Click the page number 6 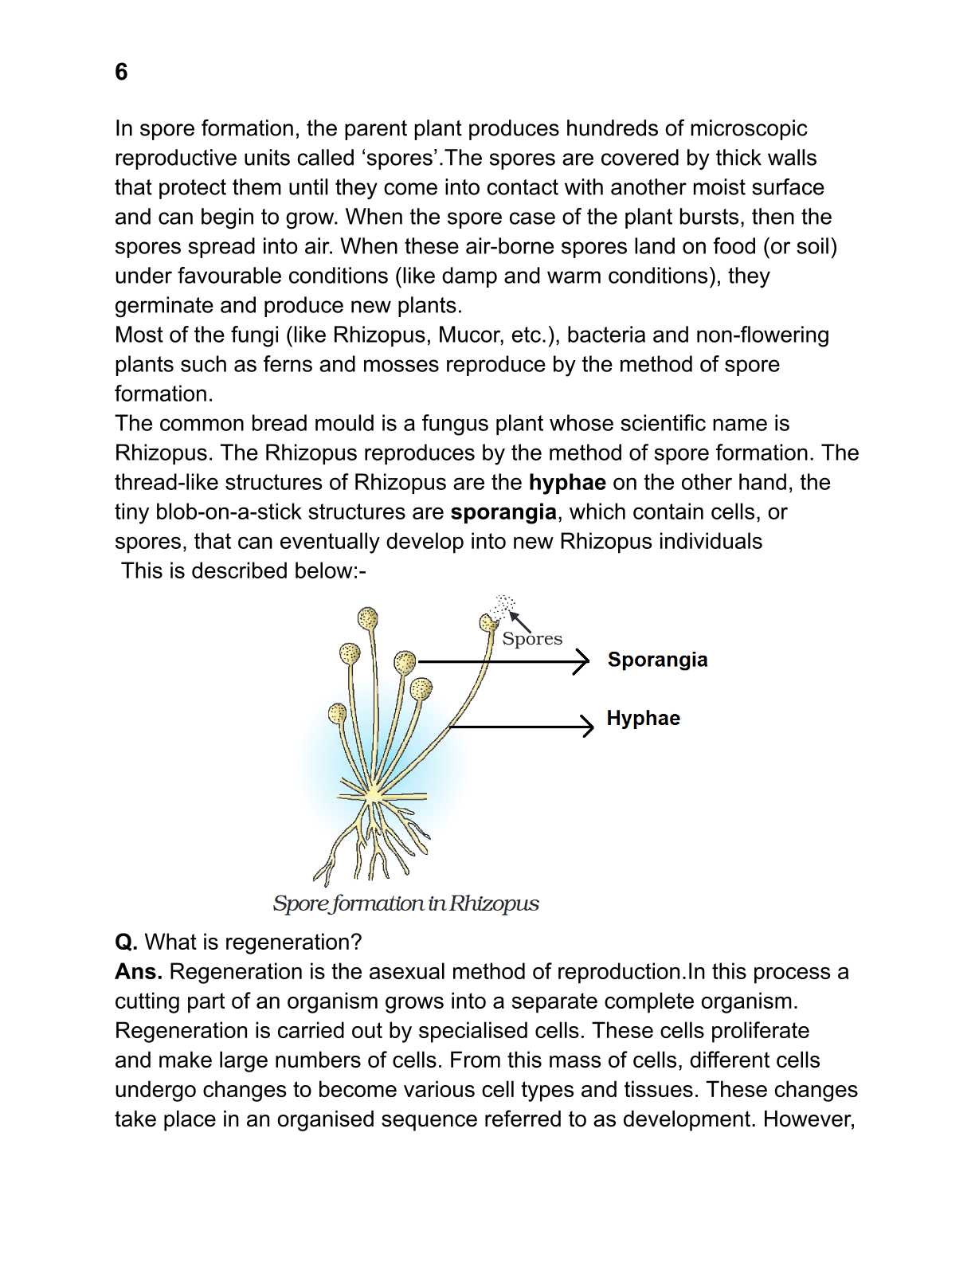[121, 73]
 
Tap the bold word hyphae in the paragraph [567, 483]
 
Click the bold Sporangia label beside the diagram [657, 660]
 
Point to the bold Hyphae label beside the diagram [643, 719]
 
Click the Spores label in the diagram [532, 639]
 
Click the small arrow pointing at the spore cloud [519, 619]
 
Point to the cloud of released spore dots [503, 605]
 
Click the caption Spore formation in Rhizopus [405, 904]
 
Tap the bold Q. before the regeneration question [126, 943]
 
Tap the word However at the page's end [809, 1119]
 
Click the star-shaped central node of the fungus [373, 794]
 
